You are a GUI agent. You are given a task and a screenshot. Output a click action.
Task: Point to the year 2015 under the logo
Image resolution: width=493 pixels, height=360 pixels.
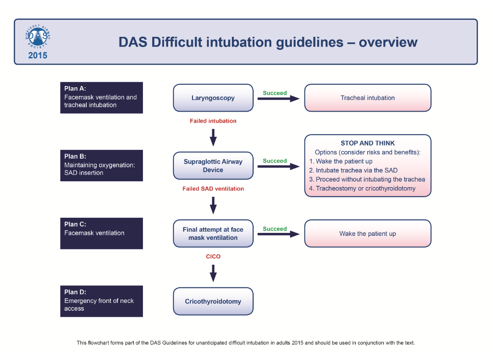(38, 55)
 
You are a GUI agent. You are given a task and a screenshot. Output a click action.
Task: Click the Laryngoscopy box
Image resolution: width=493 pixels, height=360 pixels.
(213, 98)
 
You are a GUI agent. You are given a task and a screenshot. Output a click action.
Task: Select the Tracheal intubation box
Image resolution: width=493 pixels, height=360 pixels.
(367, 98)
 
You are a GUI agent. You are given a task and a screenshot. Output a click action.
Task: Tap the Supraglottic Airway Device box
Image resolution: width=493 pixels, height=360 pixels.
(213, 166)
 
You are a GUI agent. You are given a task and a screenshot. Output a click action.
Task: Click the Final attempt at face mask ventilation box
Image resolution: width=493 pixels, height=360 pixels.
(213, 234)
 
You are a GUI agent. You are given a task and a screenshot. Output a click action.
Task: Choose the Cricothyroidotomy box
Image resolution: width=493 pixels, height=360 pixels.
(213, 301)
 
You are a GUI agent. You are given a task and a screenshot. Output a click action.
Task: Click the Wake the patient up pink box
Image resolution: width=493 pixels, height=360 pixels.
(367, 234)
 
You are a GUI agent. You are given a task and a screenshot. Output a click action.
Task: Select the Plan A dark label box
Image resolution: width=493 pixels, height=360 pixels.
(101, 97)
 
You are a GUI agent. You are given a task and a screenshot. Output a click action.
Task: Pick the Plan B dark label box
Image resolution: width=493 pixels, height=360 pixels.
(101, 165)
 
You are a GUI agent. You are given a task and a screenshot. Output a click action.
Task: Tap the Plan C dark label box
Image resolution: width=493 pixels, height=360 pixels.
(101, 233)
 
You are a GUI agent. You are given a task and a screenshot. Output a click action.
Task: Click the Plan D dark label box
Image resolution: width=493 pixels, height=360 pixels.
(101, 301)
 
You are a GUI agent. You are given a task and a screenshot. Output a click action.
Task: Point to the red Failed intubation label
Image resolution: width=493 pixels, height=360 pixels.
(213, 121)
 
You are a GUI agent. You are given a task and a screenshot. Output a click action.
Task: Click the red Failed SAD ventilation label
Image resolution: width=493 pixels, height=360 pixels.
(213, 189)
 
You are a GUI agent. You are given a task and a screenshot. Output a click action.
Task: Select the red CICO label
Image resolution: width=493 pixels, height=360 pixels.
(213, 256)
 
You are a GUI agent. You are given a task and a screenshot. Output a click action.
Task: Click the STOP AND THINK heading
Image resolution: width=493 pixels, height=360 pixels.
(368, 143)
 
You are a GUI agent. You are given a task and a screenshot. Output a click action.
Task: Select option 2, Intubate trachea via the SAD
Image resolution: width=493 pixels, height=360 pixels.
(353, 170)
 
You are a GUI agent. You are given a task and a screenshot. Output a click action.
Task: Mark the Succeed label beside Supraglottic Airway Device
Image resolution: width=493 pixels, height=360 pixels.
(275, 161)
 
